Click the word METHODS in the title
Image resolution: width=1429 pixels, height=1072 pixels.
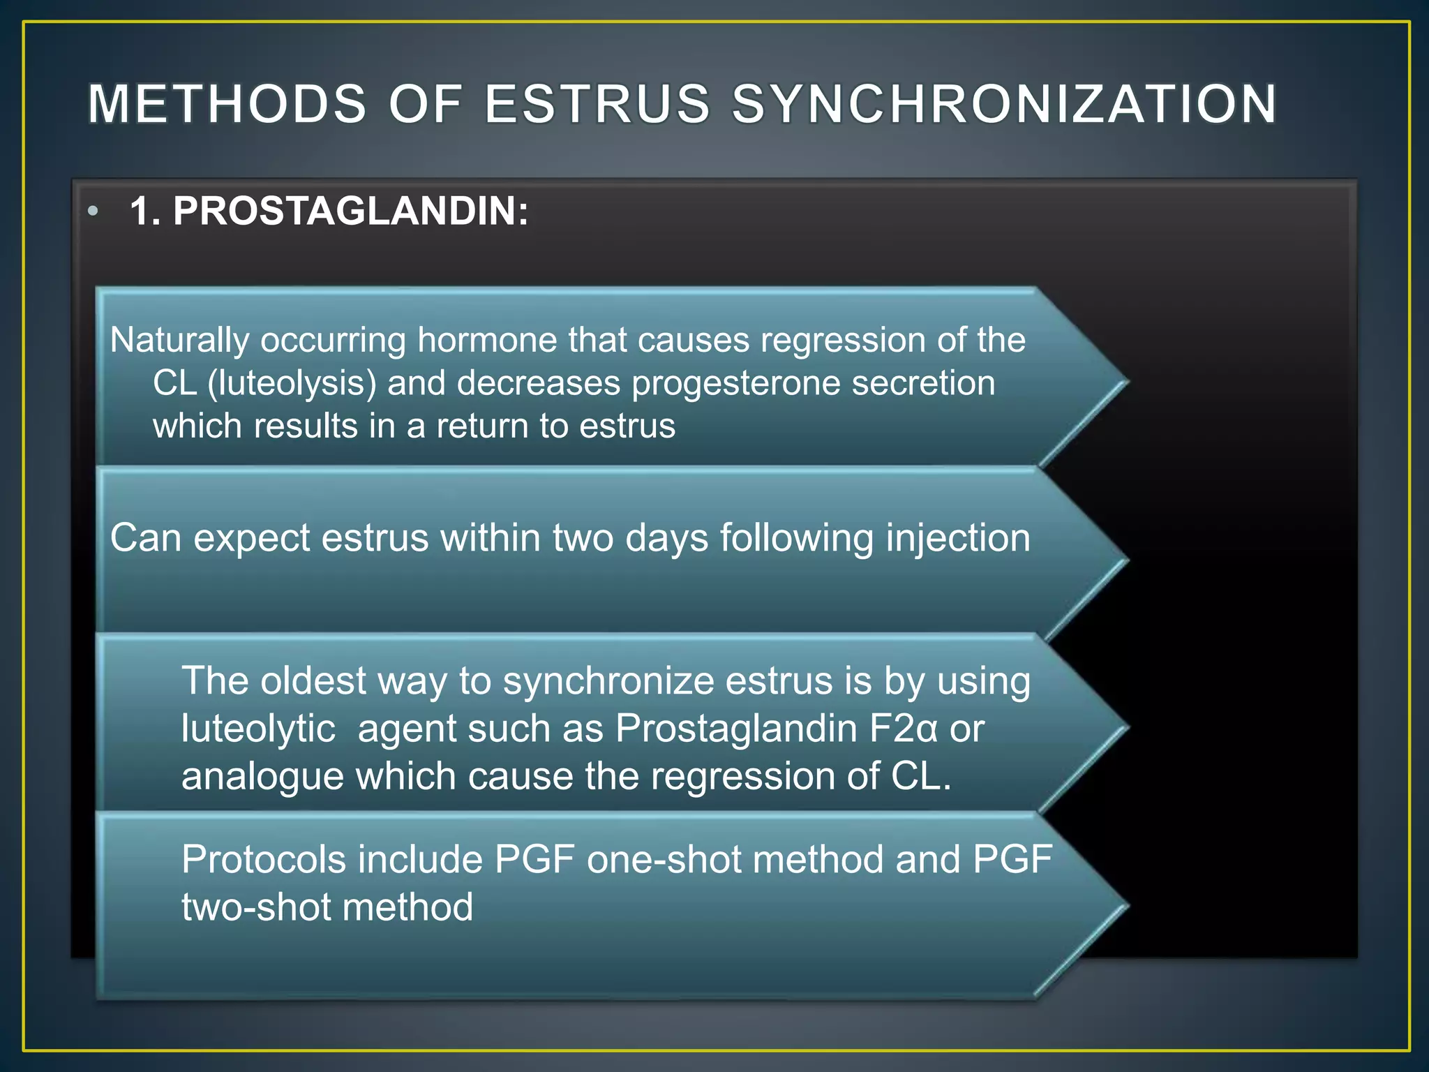tap(227, 105)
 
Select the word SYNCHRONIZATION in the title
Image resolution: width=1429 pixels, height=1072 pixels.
tap(1004, 105)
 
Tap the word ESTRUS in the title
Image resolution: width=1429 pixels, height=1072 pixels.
tap(597, 105)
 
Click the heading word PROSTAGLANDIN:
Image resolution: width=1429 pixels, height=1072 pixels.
tap(351, 211)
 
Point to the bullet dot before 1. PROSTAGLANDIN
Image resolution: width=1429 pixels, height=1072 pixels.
tap(93, 211)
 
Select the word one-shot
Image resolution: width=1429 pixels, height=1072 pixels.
tap(664, 860)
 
